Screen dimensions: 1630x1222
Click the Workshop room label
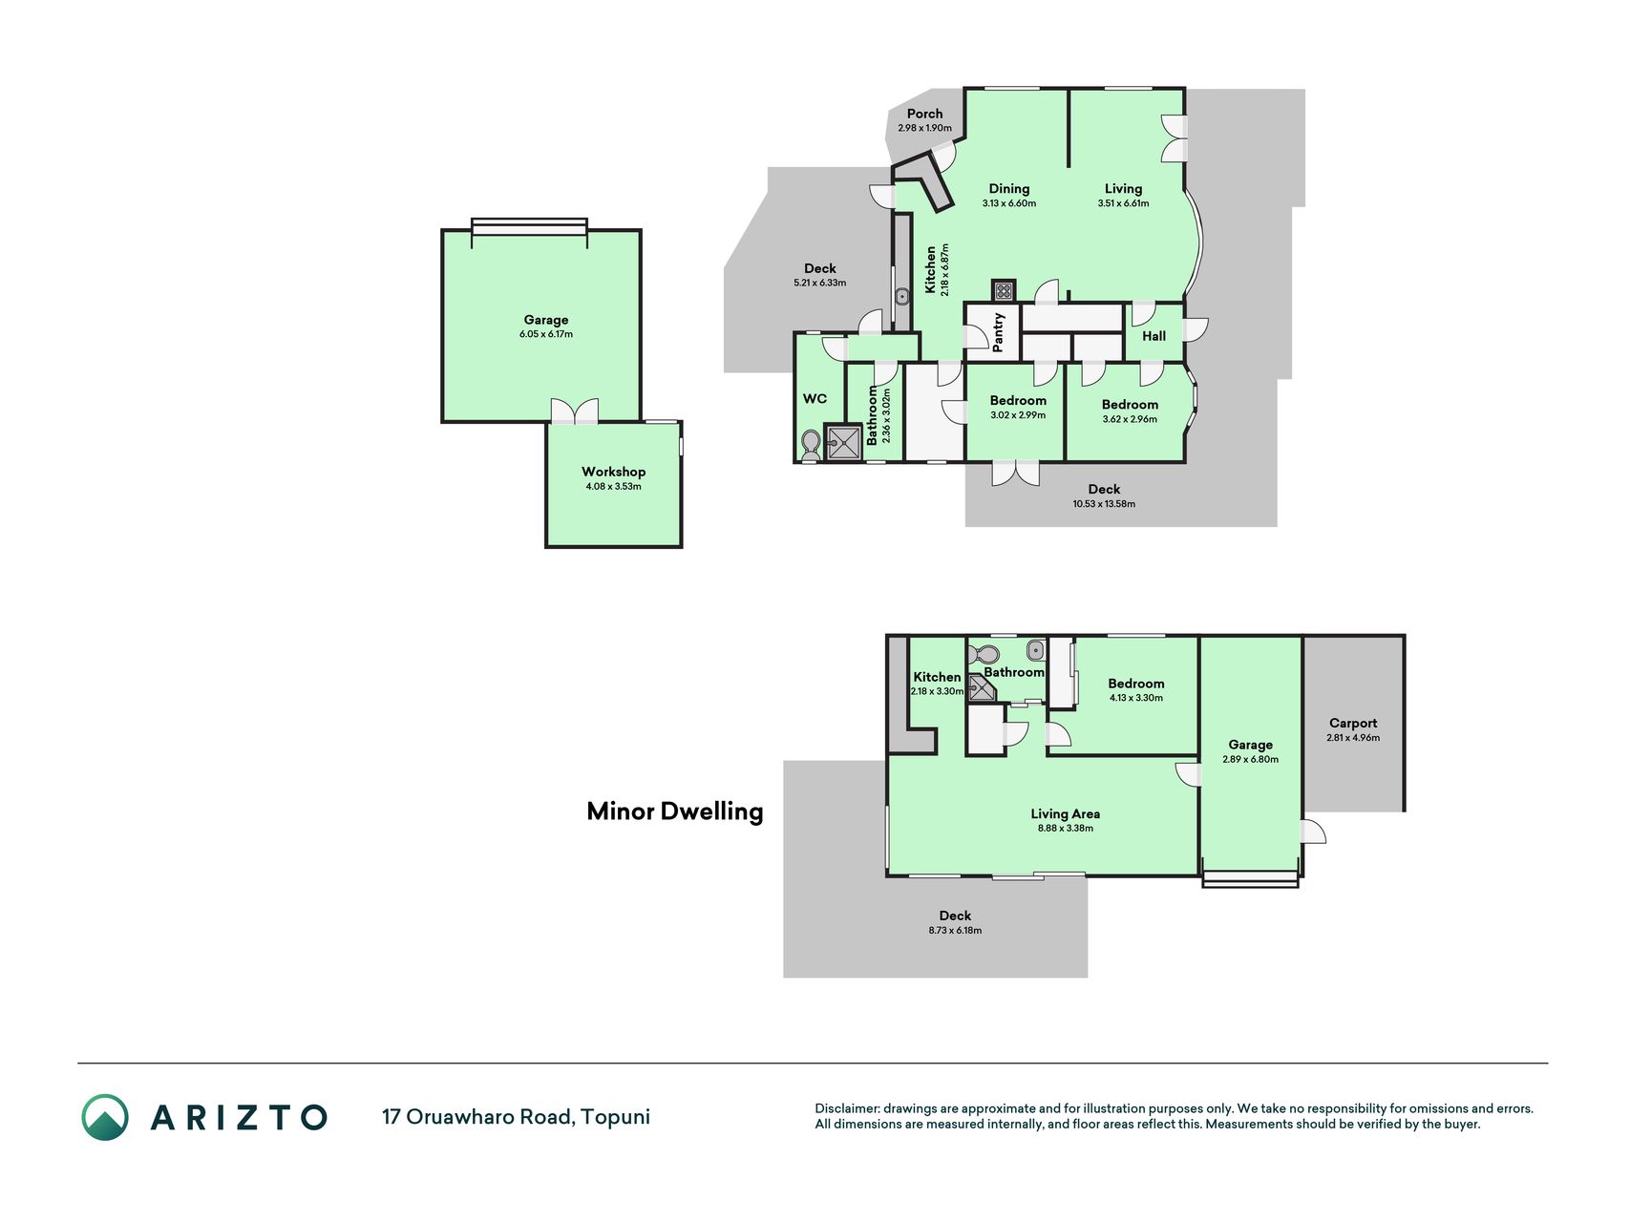pos(613,472)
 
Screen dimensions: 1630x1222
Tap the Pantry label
pos(999,332)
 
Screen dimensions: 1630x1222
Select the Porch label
pos(924,114)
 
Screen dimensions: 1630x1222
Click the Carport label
pos(1353,724)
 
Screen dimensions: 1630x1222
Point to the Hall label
pos(1154,336)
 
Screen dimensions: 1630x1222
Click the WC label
pos(815,399)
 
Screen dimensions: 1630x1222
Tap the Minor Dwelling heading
pos(675,811)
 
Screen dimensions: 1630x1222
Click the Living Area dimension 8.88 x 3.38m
pos(1066,829)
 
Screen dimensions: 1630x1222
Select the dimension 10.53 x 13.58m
pos(1104,504)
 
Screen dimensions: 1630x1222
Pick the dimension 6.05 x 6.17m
pos(546,334)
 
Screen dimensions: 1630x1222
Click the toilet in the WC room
pos(811,445)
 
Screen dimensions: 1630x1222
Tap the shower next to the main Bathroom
pos(844,442)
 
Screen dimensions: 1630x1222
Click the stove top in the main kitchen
pos(1004,290)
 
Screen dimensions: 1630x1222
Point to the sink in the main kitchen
pos(902,296)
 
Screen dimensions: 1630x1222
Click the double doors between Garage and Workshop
pos(575,411)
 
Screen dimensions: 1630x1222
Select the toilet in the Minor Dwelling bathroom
pos(984,655)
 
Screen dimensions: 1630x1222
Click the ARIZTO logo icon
pos(105,1117)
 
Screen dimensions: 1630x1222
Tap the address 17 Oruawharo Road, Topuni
pos(516,1117)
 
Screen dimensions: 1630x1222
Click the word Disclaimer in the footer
pos(847,1108)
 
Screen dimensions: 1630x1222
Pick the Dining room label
pos(1009,189)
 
